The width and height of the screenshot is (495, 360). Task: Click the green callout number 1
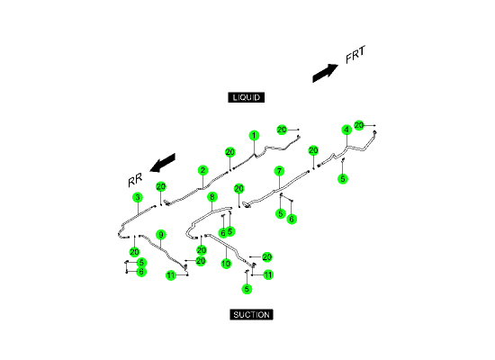[254, 136]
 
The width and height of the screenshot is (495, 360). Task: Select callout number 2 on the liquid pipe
[203, 170]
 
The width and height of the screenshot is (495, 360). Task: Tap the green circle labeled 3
[138, 197]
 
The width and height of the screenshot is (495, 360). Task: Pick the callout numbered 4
[346, 130]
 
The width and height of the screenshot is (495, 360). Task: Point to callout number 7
[279, 171]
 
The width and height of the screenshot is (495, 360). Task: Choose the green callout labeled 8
[212, 197]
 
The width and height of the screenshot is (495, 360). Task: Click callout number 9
[161, 235]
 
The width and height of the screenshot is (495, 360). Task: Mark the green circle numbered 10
[226, 264]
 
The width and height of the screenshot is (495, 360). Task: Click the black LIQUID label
[247, 97]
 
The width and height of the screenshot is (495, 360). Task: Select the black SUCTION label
[251, 314]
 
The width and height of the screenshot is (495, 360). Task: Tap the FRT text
[355, 55]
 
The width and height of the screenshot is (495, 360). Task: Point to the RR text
[135, 180]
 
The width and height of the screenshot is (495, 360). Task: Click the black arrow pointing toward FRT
[325, 73]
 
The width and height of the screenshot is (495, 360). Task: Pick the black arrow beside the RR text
[162, 163]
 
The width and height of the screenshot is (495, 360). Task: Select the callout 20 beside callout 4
[359, 125]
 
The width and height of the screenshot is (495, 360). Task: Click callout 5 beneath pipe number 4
[343, 179]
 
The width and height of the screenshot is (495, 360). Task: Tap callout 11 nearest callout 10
[268, 274]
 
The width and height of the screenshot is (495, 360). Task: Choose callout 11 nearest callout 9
[171, 275]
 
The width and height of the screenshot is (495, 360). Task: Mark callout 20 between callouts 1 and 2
[230, 152]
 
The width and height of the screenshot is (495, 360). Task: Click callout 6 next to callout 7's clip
[292, 219]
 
